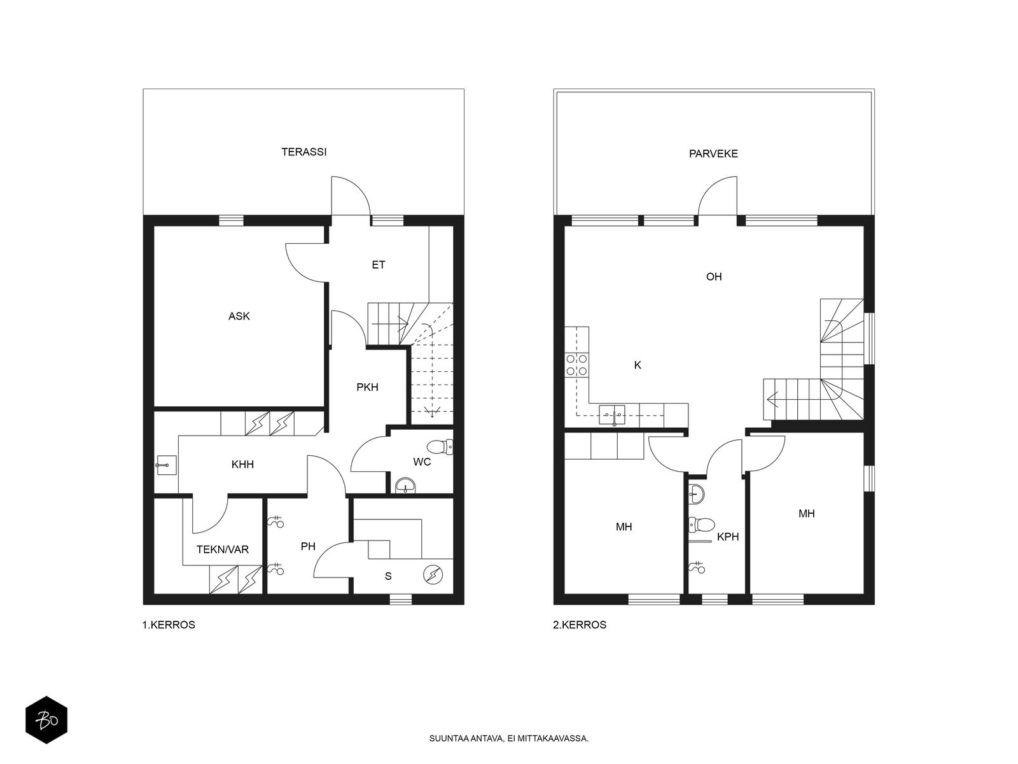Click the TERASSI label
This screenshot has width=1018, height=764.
303,152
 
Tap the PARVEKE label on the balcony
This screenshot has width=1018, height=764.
713,153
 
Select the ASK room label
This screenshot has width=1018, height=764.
239,316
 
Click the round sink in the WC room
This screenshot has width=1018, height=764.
406,486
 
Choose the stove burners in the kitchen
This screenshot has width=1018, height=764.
576,365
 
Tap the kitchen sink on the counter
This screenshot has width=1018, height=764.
611,414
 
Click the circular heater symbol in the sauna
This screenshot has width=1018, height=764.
433,575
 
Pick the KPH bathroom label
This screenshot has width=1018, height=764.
728,537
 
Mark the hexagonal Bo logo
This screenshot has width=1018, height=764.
46,720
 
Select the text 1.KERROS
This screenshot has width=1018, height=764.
169,625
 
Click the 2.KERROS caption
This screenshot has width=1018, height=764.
580,625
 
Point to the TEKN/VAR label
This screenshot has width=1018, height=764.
223,549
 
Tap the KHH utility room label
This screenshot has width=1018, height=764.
242,464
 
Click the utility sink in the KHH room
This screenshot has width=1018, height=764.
167,465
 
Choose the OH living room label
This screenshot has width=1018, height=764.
714,276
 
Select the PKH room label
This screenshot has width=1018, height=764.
367,387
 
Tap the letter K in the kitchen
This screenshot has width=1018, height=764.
638,365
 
